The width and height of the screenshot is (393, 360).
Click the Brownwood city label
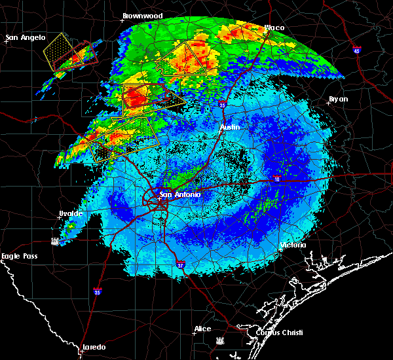point(142,15)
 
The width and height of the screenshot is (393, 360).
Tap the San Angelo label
point(25,37)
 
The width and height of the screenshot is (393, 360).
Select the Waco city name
point(274,27)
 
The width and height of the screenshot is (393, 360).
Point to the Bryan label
point(338,99)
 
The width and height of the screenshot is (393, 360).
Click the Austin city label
point(230,127)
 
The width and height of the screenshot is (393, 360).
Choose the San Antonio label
point(180,194)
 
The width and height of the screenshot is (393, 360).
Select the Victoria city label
point(293,245)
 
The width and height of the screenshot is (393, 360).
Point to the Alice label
point(203,329)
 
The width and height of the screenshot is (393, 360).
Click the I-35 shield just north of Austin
point(223,104)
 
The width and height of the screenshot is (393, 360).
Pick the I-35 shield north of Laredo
point(97,292)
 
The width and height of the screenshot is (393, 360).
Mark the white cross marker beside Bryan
point(329,102)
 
